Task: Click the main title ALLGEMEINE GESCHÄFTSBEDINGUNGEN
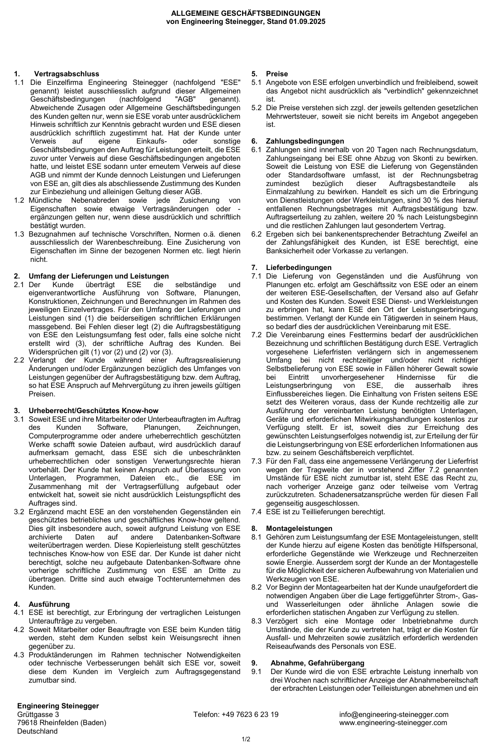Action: pyautogui.click(x=245, y=14)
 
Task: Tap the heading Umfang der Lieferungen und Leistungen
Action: pyautogui.click(x=98, y=276)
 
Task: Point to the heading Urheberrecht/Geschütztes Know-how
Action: pyautogui.click(x=94, y=411)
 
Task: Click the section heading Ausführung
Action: pyautogui.click(x=49, y=605)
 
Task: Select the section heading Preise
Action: pyautogui.click(x=276, y=74)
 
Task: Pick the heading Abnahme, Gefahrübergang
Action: pyautogui.click(x=317, y=663)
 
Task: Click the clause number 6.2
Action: pyautogui.click(x=257, y=234)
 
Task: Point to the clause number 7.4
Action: pyautogui.click(x=257, y=512)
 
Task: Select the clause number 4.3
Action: pyautogui.click(x=19, y=655)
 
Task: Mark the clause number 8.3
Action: pyautogui.click(x=257, y=621)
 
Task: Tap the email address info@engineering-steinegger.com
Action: pyautogui.click(x=394, y=715)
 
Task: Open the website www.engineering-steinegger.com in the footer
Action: pyautogui.click(x=393, y=723)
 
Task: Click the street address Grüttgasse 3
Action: pyautogui.click(x=38, y=715)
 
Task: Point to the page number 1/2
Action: pyautogui.click(x=246, y=740)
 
